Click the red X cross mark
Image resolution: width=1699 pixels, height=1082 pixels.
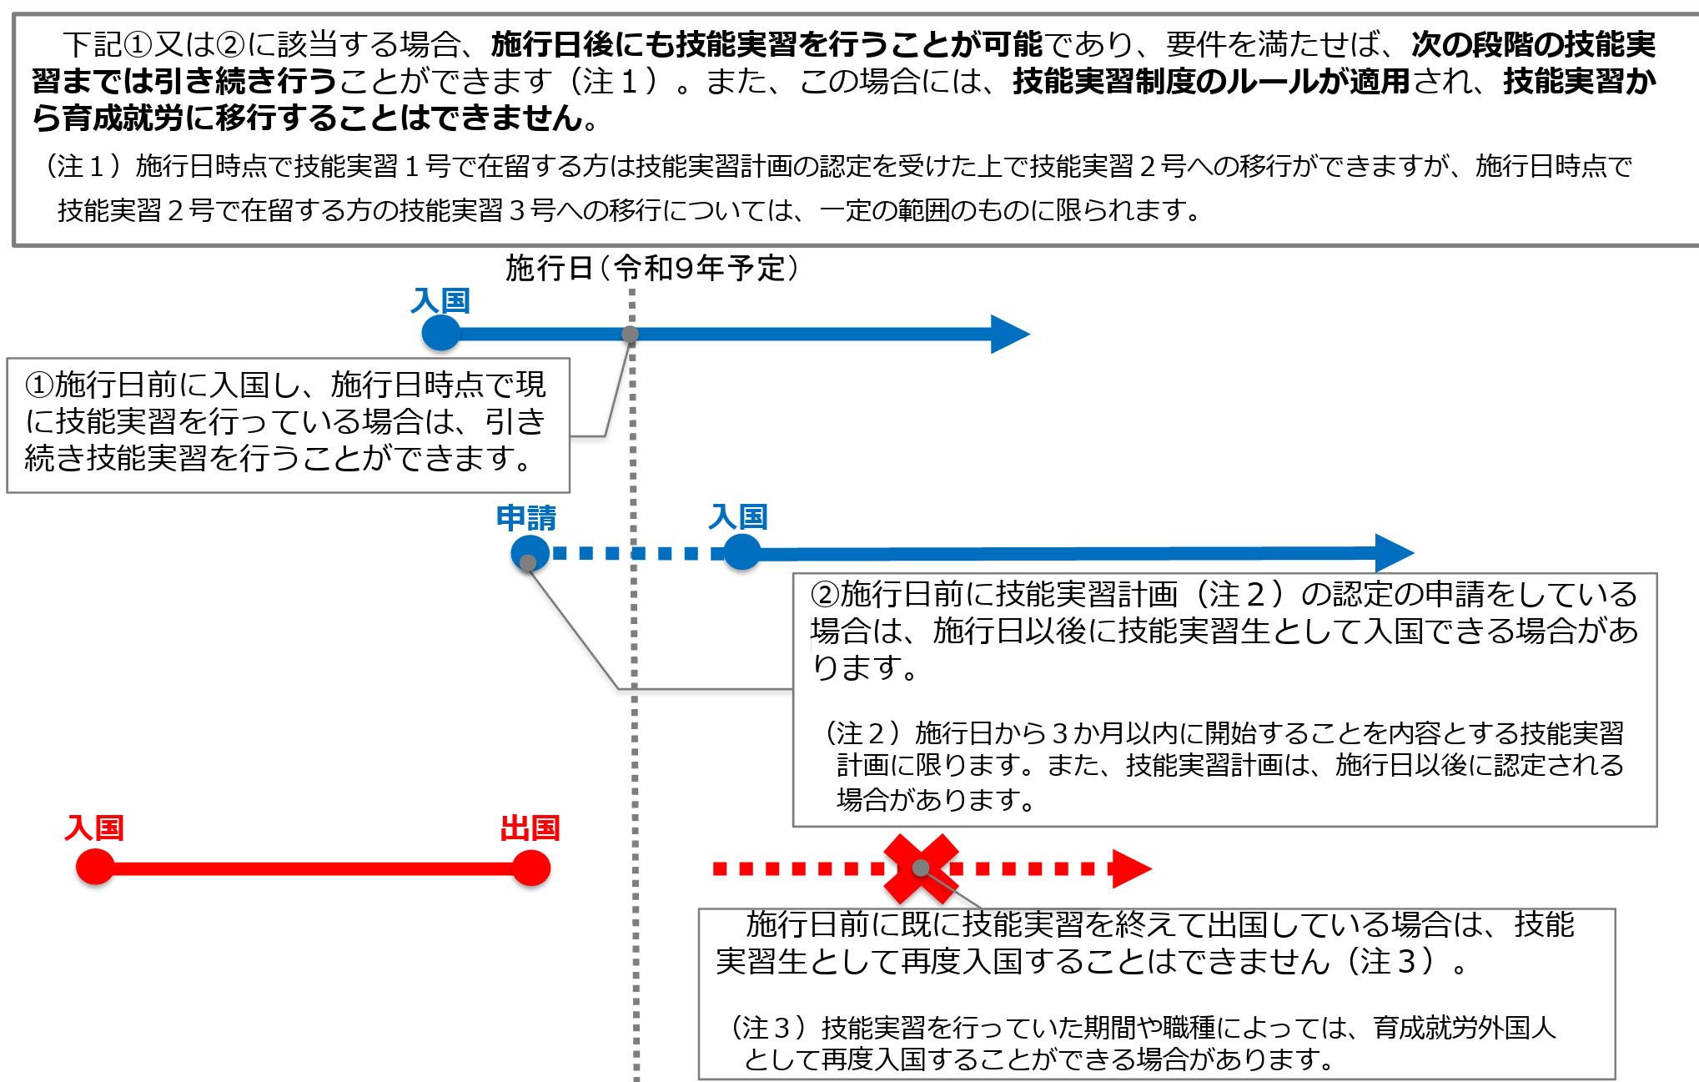pos(920,868)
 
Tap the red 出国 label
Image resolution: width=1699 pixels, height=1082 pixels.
pos(530,828)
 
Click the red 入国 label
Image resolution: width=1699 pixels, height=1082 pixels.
pos(94,828)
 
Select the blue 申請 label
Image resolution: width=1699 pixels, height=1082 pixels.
pos(526,518)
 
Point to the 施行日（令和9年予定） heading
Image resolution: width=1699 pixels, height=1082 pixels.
pos(652,268)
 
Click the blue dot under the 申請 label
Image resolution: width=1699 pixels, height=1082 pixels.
pos(530,552)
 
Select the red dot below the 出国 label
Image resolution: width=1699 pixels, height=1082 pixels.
pos(531,868)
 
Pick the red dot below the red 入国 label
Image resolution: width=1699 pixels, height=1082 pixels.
pos(95,868)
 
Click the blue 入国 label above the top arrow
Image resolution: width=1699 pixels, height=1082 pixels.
pos(440,301)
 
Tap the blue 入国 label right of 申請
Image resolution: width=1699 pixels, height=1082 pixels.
pos(738,517)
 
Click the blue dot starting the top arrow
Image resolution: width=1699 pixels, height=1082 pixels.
pos(441,334)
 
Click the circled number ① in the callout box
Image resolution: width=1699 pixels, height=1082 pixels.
pos(39,385)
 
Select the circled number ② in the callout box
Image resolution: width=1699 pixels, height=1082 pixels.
pos(825,594)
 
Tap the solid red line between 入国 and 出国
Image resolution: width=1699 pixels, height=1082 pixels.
pos(313,868)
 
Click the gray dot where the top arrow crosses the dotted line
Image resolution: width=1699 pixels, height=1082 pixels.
pos(631,335)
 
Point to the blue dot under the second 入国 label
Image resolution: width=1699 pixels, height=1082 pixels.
pos(741,552)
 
